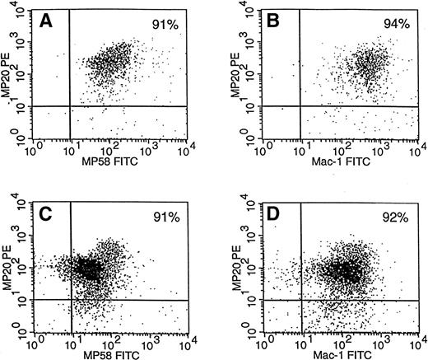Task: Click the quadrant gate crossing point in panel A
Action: tap(70, 106)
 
